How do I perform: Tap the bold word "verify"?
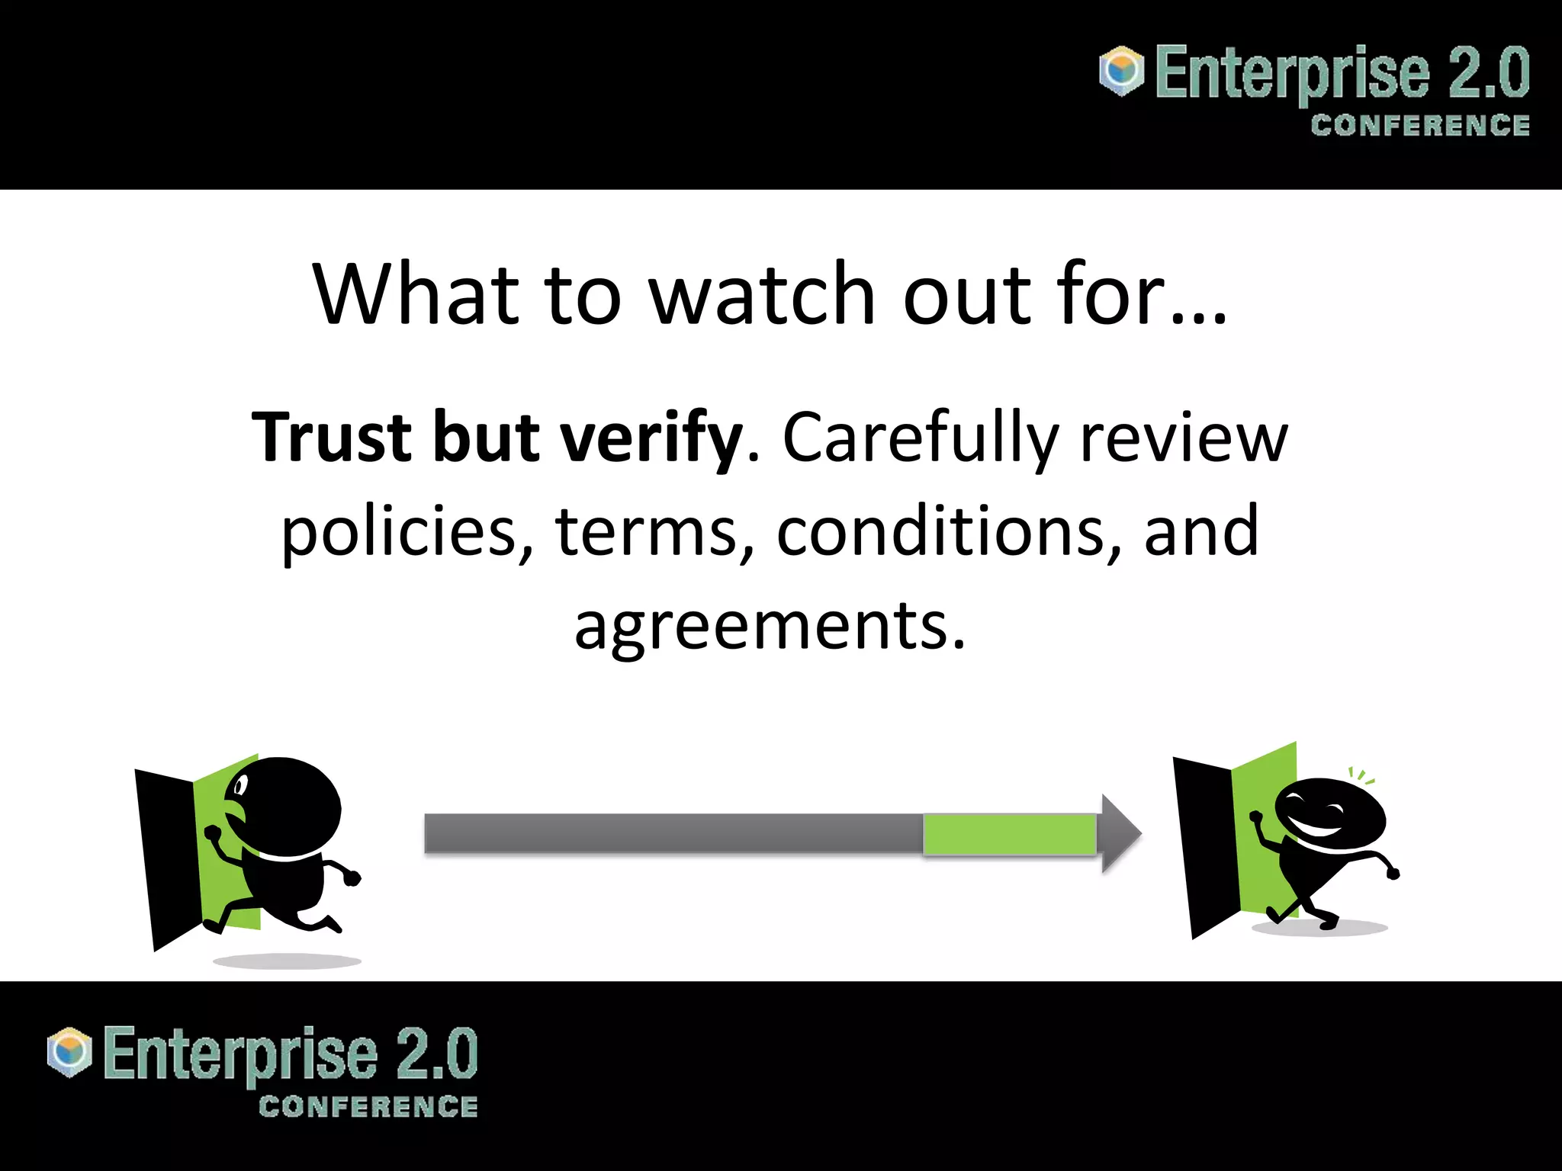[651, 439]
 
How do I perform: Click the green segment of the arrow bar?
[1009, 834]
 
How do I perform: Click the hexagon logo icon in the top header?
[1121, 71]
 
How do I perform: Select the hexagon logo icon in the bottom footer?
[69, 1052]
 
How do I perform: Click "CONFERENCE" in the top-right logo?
[1420, 126]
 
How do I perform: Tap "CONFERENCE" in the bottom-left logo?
[368, 1107]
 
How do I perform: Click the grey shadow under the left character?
[287, 961]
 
